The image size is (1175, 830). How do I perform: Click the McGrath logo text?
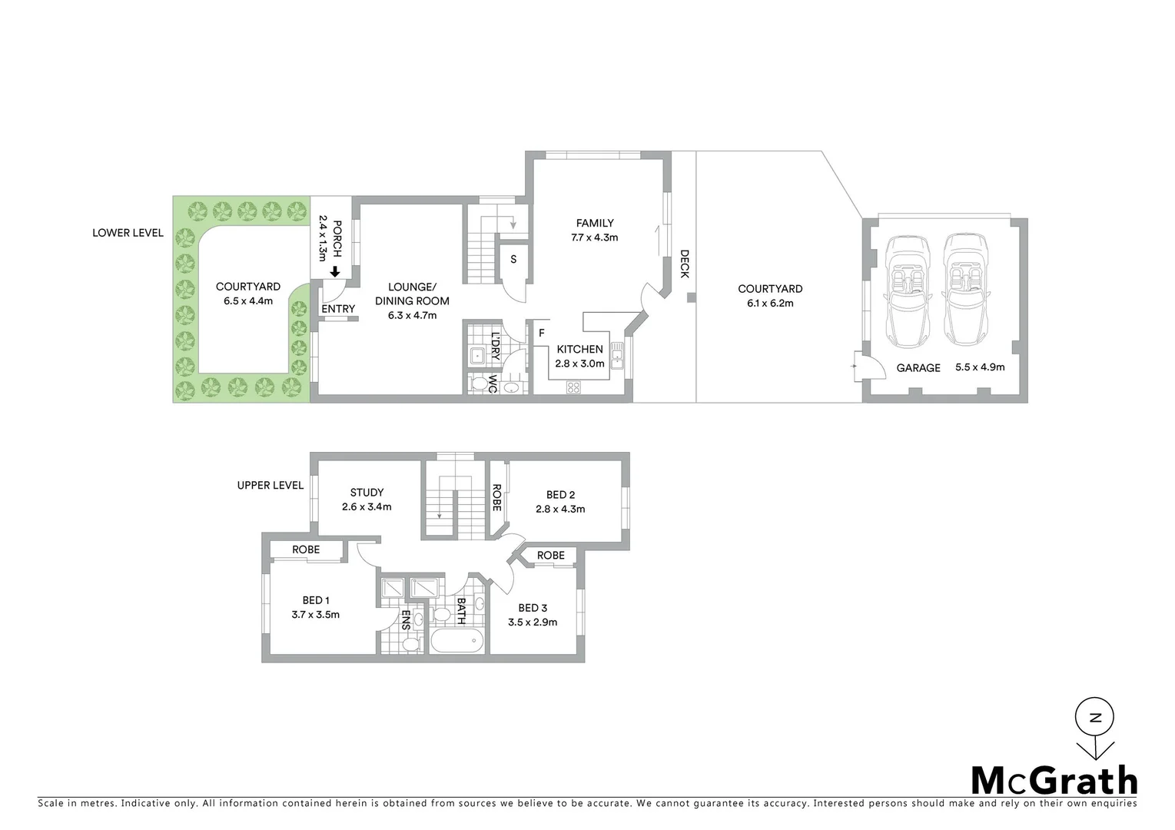coord(1054,781)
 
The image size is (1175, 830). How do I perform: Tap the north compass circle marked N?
coord(1096,719)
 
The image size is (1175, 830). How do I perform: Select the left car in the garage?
coord(908,291)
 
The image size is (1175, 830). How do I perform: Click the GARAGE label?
coord(918,368)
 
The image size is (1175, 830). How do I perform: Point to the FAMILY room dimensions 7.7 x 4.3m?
coord(594,237)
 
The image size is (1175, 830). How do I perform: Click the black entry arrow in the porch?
coord(335,271)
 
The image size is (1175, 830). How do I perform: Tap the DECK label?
coord(684,264)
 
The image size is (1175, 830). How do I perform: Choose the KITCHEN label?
coord(579,349)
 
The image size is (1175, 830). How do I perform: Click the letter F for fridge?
coord(541,333)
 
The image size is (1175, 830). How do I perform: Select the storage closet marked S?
coord(513,259)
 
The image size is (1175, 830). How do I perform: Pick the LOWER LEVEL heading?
coord(128,232)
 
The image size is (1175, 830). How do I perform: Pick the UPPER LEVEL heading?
coord(271,485)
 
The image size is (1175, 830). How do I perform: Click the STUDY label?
coord(367,493)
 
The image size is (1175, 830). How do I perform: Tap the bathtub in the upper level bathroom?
coord(456,641)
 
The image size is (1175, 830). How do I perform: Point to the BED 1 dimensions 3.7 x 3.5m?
coord(315,615)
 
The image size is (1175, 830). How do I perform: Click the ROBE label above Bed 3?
coord(550,555)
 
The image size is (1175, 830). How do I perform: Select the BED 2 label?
coord(560,494)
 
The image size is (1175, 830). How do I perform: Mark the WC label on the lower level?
coord(493,384)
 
